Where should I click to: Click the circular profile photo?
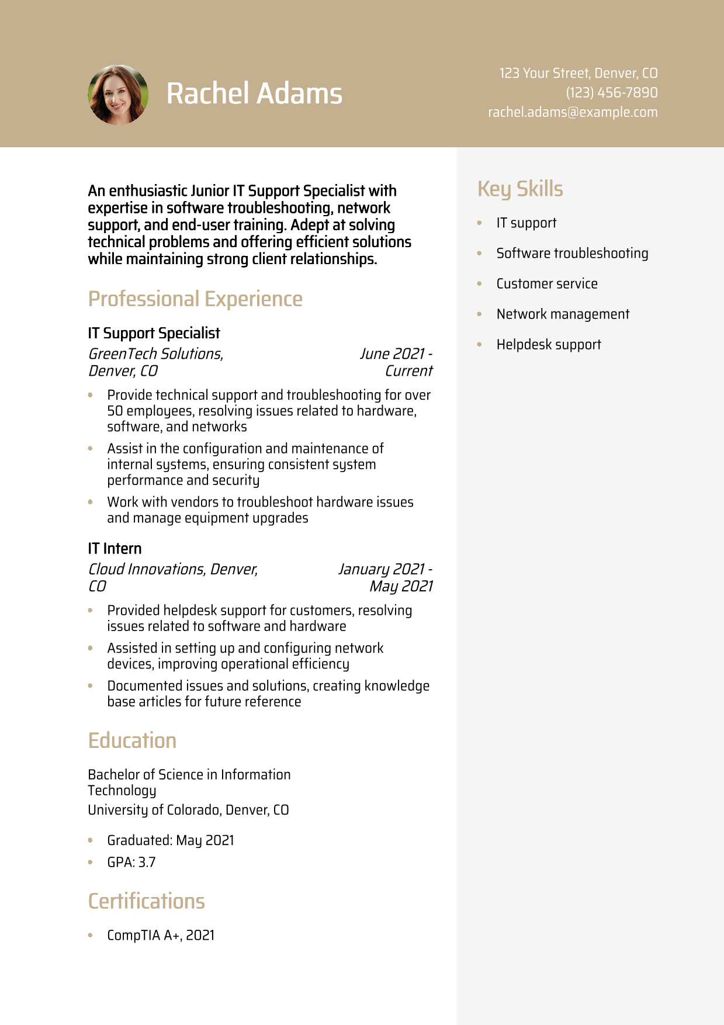coord(118,95)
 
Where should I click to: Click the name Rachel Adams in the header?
coord(254,94)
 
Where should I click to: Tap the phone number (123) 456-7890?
coord(611,92)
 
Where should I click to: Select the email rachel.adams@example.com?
coord(573,112)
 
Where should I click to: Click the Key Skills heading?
coord(520,189)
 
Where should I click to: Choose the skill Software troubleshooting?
coord(572,253)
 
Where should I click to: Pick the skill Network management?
coord(563,314)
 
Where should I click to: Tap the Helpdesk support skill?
coord(549,344)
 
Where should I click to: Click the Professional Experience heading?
coord(195,299)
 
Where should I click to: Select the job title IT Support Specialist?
coord(154,333)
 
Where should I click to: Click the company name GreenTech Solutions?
coord(155,354)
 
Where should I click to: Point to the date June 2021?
coord(392,354)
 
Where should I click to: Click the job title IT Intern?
coord(115,548)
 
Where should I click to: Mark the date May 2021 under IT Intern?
coord(401,586)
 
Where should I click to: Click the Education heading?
coord(132,740)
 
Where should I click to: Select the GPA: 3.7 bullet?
coord(131,862)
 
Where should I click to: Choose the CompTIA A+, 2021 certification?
coord(161,935)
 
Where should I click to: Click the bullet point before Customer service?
coord(479,283)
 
